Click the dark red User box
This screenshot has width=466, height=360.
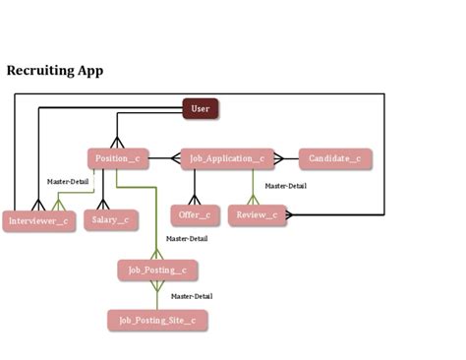coord(201,108)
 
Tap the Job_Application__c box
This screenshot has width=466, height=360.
coord(227,158)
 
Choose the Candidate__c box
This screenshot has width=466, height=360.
coord(334,158)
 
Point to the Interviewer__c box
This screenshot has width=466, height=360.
coord(38,221)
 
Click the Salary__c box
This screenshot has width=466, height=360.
coord(110,220)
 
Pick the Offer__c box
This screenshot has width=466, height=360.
coord(195,214)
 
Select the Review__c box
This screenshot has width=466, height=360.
coord(257,214)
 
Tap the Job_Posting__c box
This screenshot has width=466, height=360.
coord(157,270)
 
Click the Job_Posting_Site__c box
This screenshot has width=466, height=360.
coord(157,320)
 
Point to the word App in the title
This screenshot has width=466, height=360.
coord(91,71)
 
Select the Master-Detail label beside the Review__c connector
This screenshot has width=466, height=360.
coord(285,186)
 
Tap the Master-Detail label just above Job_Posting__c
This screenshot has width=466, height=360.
coord(186,238)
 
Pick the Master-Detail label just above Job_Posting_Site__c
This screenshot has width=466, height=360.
coord(191,296)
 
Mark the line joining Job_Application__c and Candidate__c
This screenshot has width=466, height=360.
coord(286,158)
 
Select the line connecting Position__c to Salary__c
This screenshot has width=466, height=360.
coord(104,190)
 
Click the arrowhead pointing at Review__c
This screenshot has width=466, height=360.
coord(292,213)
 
